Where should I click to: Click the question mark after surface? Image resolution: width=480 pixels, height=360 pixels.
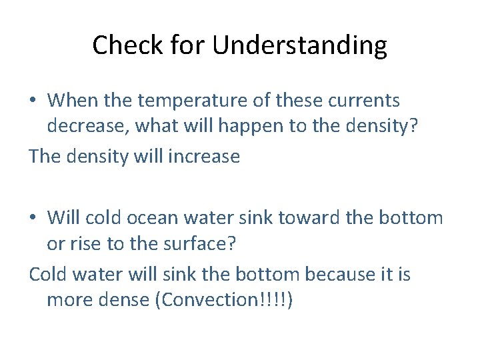(x=232, y=245)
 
